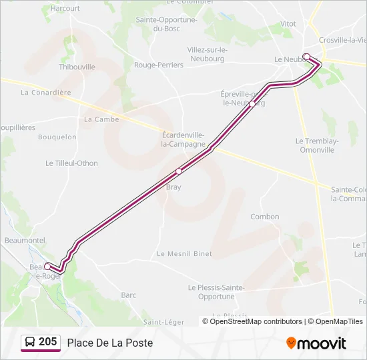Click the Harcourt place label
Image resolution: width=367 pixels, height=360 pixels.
coord(65,9)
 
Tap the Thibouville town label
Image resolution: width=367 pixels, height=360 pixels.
coord(77,67)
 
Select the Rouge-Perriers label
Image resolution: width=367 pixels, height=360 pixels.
coord(159,65)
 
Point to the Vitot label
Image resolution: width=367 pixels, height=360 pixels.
coord(288,24)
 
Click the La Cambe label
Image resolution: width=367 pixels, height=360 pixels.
coord(101,119)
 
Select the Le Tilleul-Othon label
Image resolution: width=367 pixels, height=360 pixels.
coord(71,163)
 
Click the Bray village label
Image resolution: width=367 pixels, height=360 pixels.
coord(173,187)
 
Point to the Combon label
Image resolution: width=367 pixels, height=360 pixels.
coord(265,217)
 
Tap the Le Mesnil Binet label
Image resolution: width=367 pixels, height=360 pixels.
coord(184,254)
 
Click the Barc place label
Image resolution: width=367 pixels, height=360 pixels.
coord(129,295)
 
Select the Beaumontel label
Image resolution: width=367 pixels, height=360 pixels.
coord(24,240)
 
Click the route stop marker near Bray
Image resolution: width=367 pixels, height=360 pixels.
coord(179,171)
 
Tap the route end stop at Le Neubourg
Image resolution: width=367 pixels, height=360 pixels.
coord(306,56)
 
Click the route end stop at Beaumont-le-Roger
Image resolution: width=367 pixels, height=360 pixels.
coord(47,266)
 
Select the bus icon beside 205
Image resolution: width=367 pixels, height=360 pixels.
coord(30,342)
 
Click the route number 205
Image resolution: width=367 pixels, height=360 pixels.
coord(48,342)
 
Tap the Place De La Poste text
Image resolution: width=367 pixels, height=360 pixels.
coord(109,343)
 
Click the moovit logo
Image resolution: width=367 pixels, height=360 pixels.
coord(316,343)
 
